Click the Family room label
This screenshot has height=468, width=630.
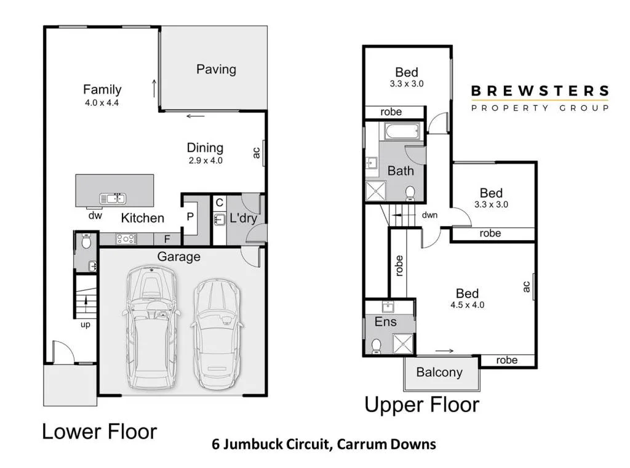(102, 90)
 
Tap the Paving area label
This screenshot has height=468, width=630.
(216, 69)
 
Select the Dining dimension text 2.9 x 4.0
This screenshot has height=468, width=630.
(205, 160)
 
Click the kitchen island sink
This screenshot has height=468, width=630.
(113, 198)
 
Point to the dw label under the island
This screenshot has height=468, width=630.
(94, 216)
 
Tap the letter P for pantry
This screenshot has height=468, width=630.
(190, 218)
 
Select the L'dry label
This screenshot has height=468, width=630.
(242, 218)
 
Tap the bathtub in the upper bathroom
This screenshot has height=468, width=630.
(401, 131)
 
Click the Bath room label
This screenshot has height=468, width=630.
(401, 171)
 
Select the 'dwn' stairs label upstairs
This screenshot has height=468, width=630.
(429, 215)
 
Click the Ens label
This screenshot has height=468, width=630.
(386, 321)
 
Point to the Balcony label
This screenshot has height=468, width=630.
(439, 372)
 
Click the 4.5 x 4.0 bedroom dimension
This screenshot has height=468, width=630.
(467, 304)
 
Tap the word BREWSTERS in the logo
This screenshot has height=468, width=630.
(540, 91)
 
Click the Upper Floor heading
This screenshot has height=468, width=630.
(421, 405)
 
